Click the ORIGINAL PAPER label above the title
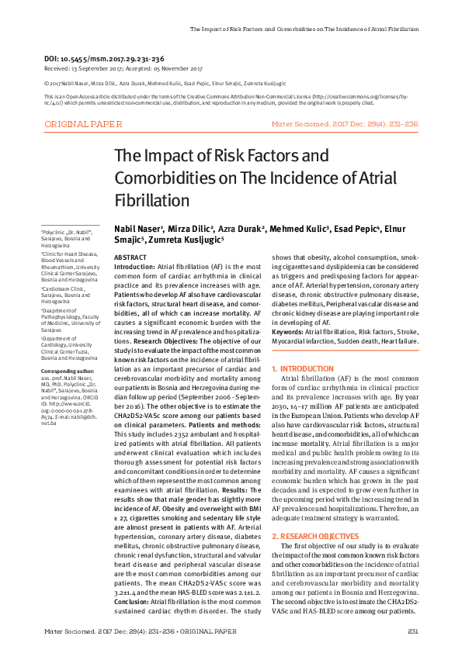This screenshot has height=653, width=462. click(x=83, y=124)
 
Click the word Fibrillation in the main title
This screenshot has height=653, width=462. click(x=152, y=200)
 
